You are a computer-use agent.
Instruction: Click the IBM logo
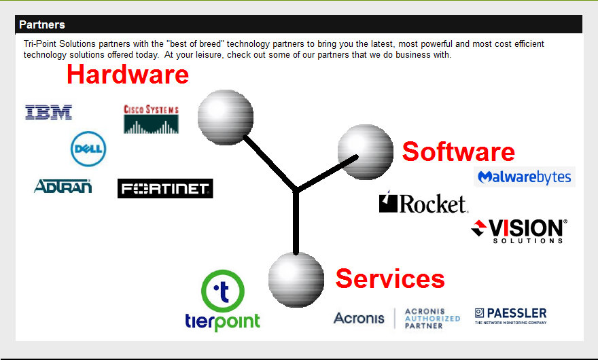48,112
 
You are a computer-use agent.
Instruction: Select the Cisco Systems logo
151,119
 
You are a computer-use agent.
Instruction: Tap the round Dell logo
88,149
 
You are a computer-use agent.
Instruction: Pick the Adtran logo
63,186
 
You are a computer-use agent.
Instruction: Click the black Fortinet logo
165,189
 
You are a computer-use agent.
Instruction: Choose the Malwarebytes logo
525,177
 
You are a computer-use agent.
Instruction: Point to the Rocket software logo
423,202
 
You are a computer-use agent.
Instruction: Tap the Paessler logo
510,316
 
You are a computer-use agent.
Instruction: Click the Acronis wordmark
359,318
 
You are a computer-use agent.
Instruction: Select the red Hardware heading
127,74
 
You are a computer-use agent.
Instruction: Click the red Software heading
458,151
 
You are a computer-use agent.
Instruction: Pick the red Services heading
390,278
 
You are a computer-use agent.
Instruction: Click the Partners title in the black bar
42,24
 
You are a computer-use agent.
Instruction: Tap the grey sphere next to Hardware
225,117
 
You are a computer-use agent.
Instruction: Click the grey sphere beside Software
366,152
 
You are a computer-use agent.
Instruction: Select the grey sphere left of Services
296,278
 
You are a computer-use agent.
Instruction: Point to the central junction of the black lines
296,190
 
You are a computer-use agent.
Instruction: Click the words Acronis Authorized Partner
432,318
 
